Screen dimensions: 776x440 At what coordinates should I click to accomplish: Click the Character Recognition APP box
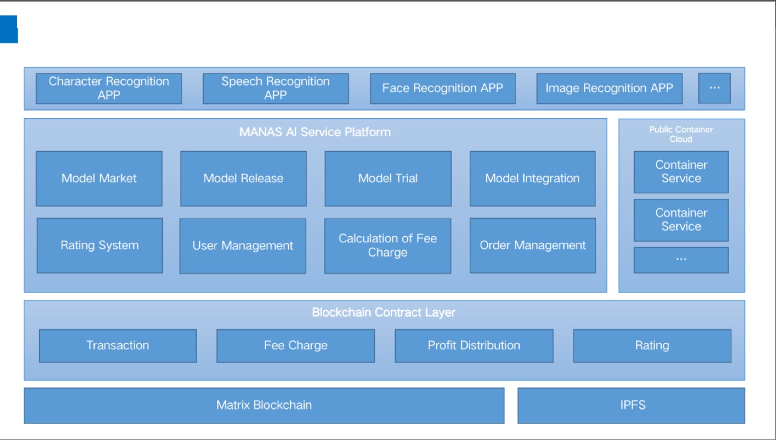[109, 88]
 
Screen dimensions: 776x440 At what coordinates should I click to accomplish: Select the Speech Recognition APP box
[276, 88]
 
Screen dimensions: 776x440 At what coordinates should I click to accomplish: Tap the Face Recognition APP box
[443, 88]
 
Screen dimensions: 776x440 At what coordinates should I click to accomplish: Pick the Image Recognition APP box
[609, 88]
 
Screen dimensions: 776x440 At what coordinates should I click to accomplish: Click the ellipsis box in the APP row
[714, 88]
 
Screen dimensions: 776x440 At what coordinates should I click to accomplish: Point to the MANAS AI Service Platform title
[315, 132]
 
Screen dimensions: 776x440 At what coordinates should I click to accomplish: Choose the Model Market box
[99, 179]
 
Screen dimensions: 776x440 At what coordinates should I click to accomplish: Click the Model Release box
[243, 179]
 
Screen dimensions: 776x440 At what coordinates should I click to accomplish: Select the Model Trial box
[388, 179]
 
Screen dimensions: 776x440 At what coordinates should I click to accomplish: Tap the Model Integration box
[533, 179]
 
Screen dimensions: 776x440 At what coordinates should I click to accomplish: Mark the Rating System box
[100, 246]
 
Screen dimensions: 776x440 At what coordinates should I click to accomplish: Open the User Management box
[243, 246]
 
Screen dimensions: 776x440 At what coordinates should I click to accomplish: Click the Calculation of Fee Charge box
[387, 246]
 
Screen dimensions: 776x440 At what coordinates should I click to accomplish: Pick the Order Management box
[533, 246]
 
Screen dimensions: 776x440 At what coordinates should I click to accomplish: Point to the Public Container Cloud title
[681, 134]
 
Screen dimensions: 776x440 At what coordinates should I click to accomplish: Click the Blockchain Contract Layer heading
[384, 312]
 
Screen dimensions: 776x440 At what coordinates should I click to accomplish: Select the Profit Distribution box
[474, 346]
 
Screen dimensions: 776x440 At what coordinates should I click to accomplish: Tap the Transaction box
[118, 346]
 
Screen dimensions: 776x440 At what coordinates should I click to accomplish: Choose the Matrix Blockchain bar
[264, 406]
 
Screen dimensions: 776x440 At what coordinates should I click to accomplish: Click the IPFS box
[631, 406]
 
